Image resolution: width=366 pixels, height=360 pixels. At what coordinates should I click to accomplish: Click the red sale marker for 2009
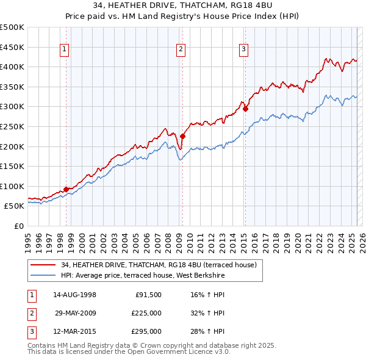(x=182, y=137)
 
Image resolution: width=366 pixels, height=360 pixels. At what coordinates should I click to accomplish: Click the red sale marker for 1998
(x=66, y=189)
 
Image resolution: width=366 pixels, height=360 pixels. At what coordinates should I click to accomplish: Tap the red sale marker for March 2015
(x=245, y=109)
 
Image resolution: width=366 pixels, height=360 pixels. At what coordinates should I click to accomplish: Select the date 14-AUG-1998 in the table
(x=74, y=295)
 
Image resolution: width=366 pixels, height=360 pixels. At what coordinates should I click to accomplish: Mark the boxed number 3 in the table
(x=31, y=331)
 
